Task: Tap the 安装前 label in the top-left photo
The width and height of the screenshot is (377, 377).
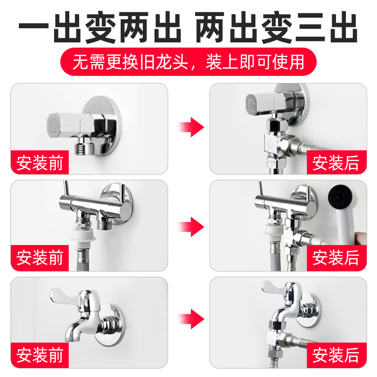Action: click(x=40, y=163)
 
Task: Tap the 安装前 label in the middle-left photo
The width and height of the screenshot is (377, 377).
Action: click(x=40, y=257)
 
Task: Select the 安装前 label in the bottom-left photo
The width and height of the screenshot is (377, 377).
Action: click(x=40, y=355)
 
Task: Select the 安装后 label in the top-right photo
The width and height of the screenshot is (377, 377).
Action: click(x=336, y=163)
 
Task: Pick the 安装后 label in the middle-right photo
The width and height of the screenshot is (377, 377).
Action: click(x=336, y=257)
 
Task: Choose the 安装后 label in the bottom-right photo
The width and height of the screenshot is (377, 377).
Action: click(x=336, y=355)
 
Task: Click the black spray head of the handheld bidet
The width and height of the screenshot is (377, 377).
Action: click(x=339, y=196)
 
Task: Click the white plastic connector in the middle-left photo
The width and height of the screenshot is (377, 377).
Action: click(x=83, y=237)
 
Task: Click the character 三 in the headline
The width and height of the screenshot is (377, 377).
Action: click(x=310, y=27)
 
